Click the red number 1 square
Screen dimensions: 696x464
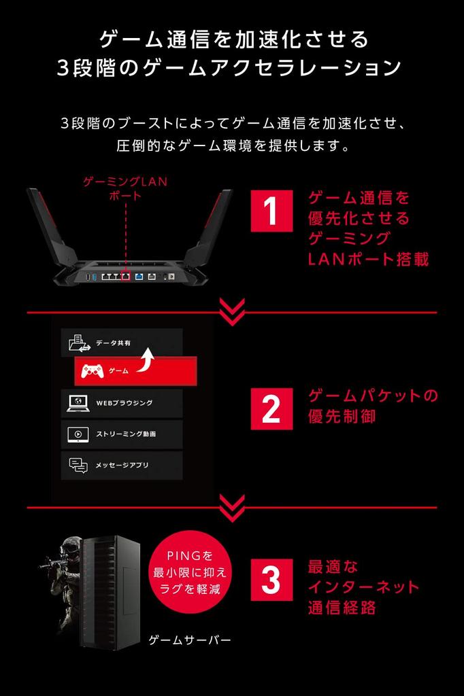(x=271, y=211)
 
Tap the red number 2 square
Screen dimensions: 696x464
(x=271, y=408)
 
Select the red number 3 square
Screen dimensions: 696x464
(x=271, y=580)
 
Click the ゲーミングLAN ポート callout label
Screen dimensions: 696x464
(x=125, y=189)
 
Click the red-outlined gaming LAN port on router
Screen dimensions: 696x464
(x=125, y=275)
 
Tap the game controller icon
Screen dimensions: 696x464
(x=93, y=371)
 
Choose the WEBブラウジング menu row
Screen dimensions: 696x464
(x=122, y=403)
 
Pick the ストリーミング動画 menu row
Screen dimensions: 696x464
(x=122, y=434)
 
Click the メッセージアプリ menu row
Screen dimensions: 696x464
(x=122, y=465)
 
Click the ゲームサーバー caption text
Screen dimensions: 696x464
(x=190, y=640)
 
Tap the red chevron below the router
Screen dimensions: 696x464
(x=232, y=312)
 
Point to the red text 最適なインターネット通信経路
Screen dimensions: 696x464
(x=363, y=587)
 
